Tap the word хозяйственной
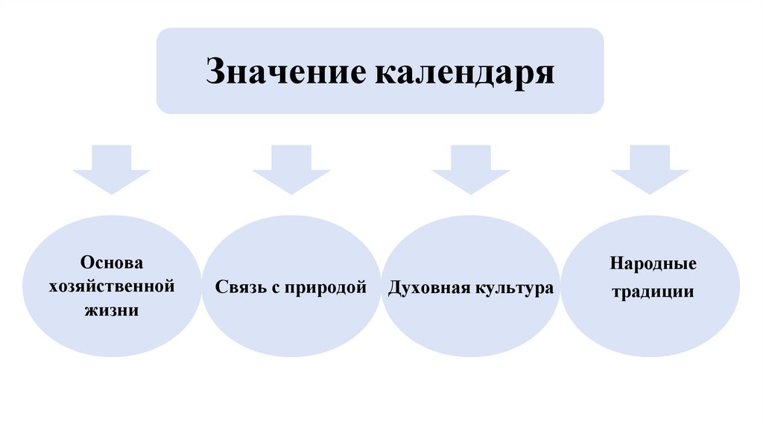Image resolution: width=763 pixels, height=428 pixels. point(112,286)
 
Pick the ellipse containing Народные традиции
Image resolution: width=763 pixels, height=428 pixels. point(650,328)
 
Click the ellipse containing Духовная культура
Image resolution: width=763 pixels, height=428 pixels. point(470,328)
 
